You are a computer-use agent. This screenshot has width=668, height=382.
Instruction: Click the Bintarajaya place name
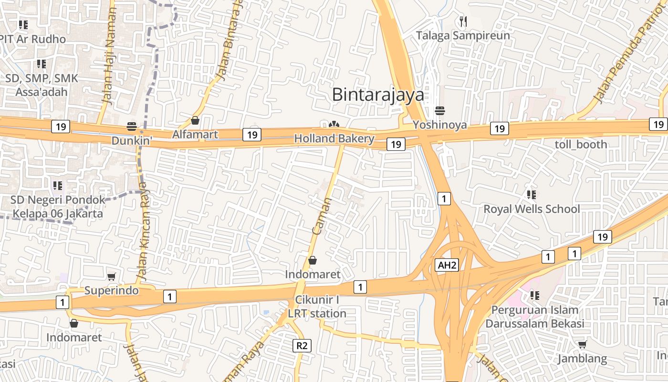378,95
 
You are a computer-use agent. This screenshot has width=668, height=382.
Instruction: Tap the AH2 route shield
447,265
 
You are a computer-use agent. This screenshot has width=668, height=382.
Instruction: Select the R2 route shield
302,345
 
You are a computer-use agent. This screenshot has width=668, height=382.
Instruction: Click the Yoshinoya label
439,125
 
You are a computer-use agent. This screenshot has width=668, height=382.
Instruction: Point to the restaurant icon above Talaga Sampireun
463,21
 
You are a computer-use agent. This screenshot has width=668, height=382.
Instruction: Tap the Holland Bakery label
334,139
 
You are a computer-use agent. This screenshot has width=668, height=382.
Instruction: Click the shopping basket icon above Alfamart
195,120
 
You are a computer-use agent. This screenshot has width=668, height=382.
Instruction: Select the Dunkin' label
132,141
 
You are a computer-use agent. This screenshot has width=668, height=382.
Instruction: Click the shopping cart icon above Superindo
112,277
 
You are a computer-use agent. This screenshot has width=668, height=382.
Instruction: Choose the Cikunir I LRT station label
317,307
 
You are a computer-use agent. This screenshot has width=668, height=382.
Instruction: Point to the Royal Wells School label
532,209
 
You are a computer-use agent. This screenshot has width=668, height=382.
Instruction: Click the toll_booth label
581,144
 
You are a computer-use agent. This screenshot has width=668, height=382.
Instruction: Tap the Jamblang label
582,359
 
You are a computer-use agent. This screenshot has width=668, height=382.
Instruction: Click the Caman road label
322,215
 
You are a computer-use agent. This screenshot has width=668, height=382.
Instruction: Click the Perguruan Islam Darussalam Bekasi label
534,317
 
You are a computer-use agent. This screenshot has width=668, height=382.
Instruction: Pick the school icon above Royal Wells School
531,195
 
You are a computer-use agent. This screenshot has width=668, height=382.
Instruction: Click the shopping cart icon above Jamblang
582,344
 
